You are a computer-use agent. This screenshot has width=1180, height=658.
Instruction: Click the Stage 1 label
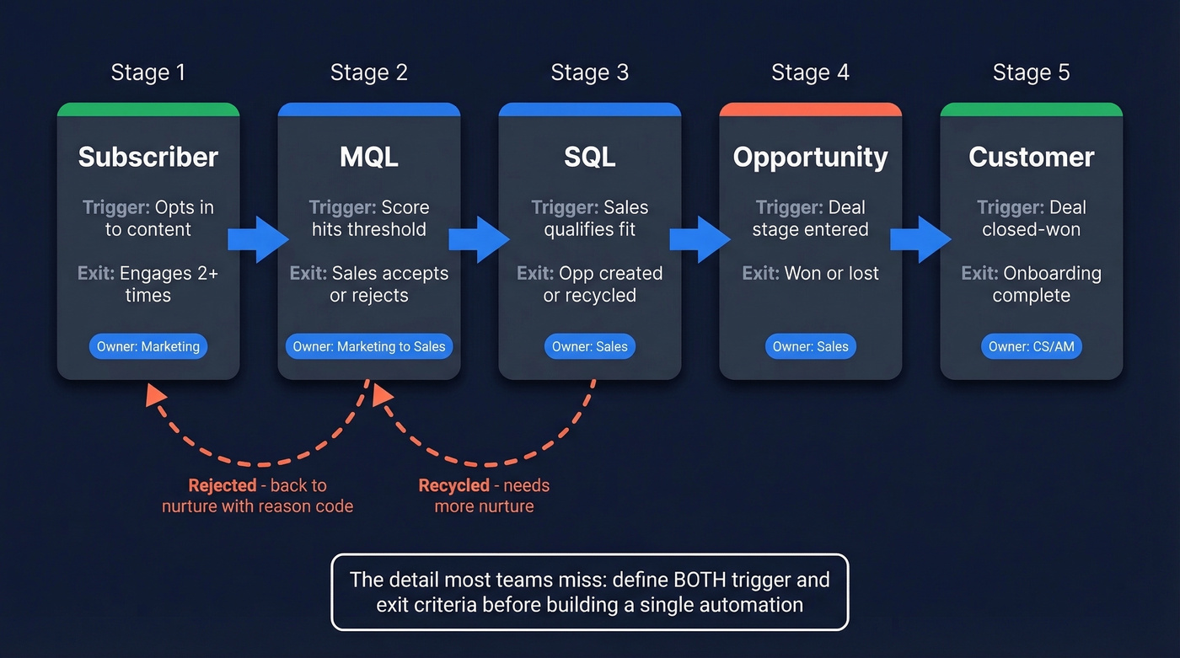pos(147,73)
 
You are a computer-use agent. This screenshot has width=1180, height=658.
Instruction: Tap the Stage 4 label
pos(810,73)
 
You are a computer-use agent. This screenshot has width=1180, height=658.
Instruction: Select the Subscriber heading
pos(148,158)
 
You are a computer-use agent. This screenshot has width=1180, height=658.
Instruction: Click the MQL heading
pos(369,158)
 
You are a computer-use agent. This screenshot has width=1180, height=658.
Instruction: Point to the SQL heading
pos(590,158)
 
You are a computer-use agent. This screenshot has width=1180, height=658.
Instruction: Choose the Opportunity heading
pos(810,158)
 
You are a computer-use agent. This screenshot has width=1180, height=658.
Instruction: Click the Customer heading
pos(1031,158)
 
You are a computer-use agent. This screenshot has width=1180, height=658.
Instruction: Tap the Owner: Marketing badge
pos(148,346)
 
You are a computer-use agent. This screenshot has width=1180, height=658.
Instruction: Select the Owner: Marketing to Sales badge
pos(369,346)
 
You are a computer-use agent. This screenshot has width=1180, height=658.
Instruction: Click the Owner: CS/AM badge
pos(1031,346)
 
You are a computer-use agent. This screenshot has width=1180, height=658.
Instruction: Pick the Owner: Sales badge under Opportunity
pos(810,346)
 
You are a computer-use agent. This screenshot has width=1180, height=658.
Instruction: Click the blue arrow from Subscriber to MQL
pos(258,240)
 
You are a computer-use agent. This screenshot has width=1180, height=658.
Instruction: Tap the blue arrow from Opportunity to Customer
pos(920,240)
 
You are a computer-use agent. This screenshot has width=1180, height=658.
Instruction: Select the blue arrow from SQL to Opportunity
pos(700,240)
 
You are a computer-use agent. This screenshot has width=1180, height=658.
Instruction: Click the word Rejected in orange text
pos(223,485)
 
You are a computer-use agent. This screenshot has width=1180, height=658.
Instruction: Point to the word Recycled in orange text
pos(453,485)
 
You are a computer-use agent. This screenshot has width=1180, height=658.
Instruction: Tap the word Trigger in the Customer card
pos(1010,207)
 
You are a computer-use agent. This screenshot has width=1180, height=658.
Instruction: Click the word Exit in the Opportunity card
pos(759,273)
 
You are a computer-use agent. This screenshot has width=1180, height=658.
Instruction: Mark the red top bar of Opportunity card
pos(810,110)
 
